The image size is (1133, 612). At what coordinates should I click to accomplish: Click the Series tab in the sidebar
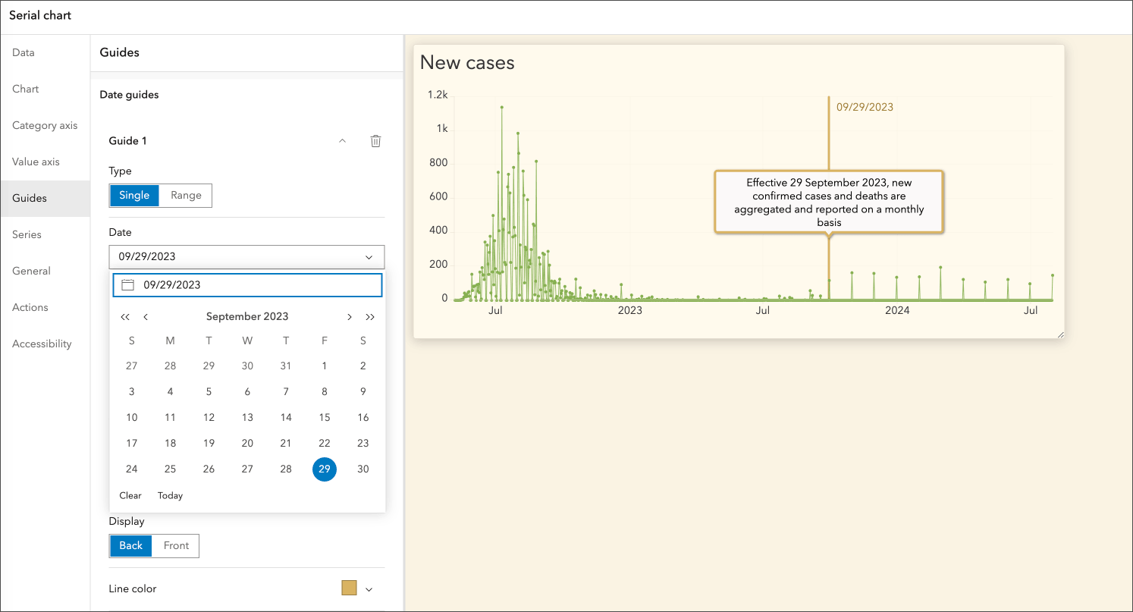(x=27, y=234)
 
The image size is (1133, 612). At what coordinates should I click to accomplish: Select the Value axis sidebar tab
(x=36, y=162)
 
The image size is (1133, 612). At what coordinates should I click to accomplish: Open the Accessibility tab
(x=42, y=344)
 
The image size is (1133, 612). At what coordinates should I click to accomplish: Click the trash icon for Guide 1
(x=375, y=141)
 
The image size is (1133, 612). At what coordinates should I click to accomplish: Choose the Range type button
(x=186, y=195)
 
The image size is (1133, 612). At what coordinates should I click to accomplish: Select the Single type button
(x=134, y=195)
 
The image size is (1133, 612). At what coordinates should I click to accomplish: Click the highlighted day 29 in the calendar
(x=325, y=469)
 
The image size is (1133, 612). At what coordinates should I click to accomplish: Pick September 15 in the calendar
(x=325, y=417)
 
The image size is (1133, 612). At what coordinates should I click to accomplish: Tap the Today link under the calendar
(x=170, y=495)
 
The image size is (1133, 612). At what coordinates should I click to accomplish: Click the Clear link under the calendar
(x=130, y=495)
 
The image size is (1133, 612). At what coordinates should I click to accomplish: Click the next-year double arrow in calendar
(x=370, y=317)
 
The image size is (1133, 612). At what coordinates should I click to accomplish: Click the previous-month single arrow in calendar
(x=146, y=317)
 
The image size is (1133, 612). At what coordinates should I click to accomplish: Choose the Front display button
(x=176, y=545)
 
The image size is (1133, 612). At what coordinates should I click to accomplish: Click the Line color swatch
(x=349, y=588)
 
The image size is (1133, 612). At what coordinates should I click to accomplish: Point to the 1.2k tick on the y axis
(x=438, y=95)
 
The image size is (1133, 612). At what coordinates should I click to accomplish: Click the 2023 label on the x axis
(x=629, y=310)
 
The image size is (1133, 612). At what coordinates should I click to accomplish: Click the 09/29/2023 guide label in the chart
(x=865, y=107)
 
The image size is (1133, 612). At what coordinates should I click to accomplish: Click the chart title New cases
(x=467, y=63)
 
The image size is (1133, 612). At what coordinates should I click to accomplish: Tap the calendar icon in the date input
(x=128, y=285)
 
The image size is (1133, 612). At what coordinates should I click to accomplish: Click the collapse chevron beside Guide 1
(x=342, y=141)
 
